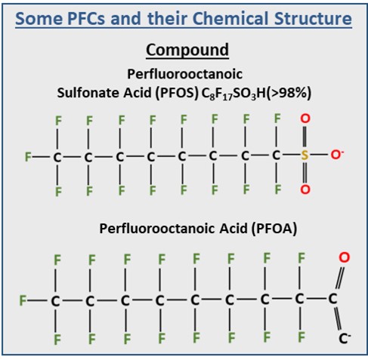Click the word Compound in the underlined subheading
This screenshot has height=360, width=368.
tap(187, 50)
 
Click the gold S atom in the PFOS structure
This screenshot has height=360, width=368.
tap(305, 155)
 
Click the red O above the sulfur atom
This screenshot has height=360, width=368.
tap(305, 118)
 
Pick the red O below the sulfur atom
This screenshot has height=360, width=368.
tap(305, 189)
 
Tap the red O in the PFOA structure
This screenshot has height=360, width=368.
tap(345, 257)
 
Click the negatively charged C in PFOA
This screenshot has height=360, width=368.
tap(345, 339)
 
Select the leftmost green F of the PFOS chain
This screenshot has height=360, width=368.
tap(28, 157)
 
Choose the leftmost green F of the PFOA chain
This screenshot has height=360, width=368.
tap(23, 300)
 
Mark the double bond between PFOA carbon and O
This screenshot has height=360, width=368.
tap(340, 278)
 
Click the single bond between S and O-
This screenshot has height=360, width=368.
tap(320, 155)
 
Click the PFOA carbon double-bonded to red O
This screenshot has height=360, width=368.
tap(332, 299)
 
